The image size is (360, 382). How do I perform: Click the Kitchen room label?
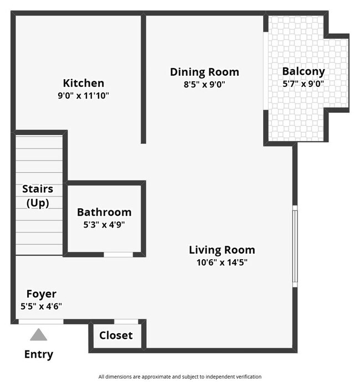tap(83, 83)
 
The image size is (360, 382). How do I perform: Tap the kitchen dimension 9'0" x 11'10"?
tap(83, 96)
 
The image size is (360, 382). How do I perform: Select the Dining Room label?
tap(204, 72)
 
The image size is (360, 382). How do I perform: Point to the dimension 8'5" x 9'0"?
tap(204, 85)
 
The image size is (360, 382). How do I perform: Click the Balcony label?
tap(304, 71)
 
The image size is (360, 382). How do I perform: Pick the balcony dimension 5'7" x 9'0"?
tap(304, 84)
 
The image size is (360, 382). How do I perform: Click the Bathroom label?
tap(104, 212)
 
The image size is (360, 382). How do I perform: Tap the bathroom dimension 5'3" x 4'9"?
tap(104, 225)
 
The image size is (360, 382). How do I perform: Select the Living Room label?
tap(222, 250)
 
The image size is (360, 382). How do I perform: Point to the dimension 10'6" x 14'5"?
tap(222, 262)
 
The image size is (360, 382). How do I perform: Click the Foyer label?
tap(42, 294)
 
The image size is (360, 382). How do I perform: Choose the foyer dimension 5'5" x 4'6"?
tap(42, 306)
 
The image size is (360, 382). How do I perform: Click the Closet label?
tap(116, 335)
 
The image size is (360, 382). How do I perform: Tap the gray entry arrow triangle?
tap(38, 334)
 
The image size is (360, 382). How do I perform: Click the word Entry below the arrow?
tap(39, 354)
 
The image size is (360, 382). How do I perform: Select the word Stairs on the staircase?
tap(38, 189)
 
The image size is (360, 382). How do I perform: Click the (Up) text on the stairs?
tap(38, 203)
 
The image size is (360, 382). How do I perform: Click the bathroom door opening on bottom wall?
tap(119, 255)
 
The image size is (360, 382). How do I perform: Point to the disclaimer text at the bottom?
tap(180, 376)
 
